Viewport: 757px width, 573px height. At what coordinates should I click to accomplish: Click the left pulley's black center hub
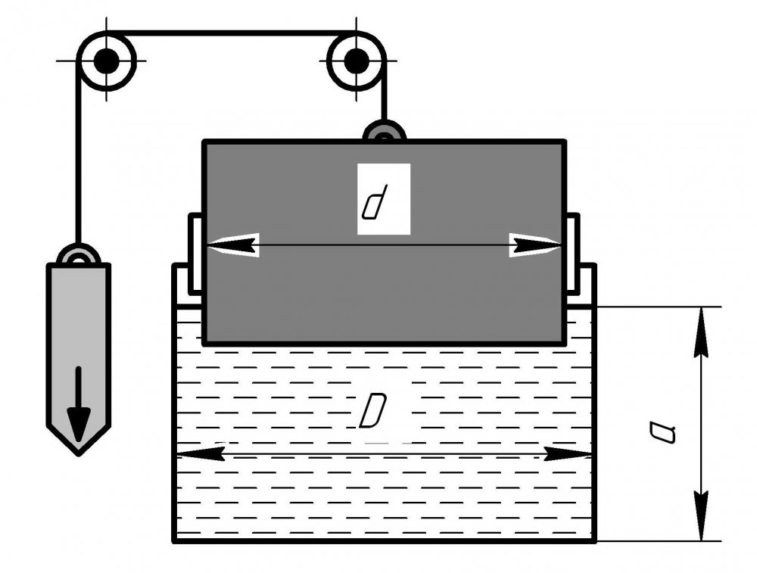click(x=107, y=61)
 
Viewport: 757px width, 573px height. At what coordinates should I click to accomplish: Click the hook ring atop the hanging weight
click(x=78, y=256)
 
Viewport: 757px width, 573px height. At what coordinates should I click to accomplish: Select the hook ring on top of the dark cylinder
click(x=384, y=134)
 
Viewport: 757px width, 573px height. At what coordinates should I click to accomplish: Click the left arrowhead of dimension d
click(x=232, y=245)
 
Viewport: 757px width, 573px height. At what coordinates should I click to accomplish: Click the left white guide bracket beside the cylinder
click(x=195, y=254)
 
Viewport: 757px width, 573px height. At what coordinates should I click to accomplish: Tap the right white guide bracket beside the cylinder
click(x=573, y=254)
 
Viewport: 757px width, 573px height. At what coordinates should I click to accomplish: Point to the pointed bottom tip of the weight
click(x=79, y=453)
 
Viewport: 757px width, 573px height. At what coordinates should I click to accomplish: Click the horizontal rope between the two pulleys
click(x=231, y=33)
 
